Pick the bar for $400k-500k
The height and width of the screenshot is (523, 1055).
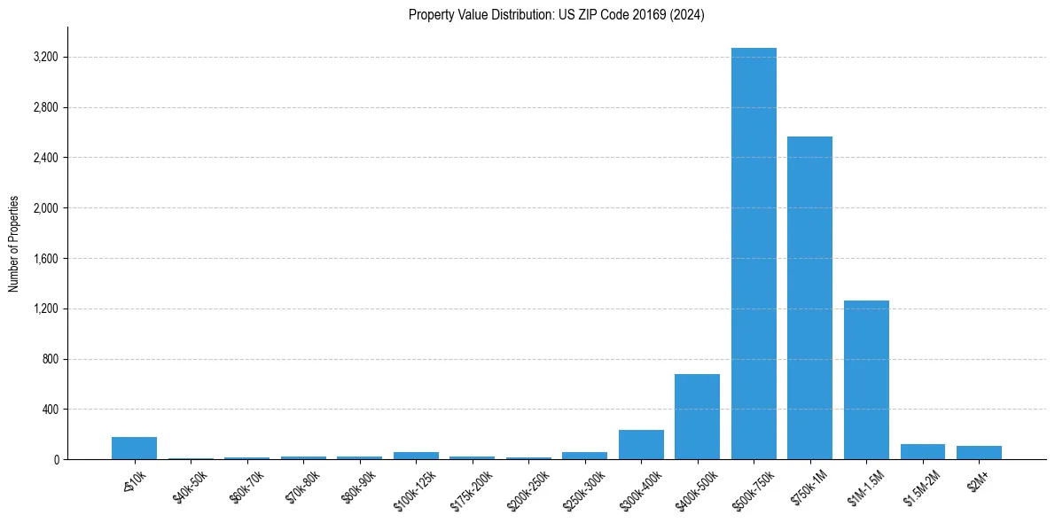(x=697, y=417)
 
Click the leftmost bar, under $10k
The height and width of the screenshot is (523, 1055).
(x=134, y=449)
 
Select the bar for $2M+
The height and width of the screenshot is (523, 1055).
(x=979, y=453)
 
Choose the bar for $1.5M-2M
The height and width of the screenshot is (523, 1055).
(x=922, y=452)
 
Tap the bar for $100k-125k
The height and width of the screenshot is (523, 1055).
(x=416, y=456)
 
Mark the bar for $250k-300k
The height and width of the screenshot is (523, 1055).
(x=584, y=456)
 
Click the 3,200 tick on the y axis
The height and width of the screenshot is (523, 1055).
(x=45, y=58)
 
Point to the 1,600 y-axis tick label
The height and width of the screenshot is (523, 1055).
(x=45, y=259)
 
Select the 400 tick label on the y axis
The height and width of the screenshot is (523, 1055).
(x=50, y=410)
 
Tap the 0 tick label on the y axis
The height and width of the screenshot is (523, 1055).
(x=55, y=460)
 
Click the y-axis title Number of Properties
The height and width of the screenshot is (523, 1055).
(x=14, y=244)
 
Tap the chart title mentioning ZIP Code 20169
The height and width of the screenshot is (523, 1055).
(x=556, y=15)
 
